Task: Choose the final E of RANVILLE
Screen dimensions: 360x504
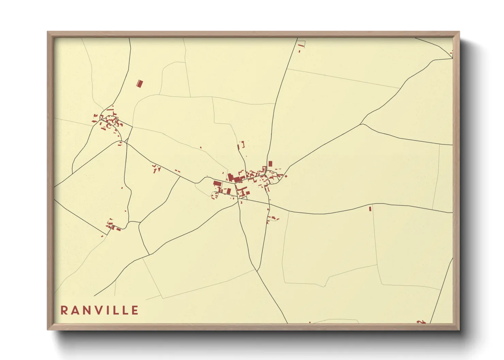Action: click(135, 310)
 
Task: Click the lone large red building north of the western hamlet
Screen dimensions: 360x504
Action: click(140, 84)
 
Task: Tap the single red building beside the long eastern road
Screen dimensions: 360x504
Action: click(370, 209)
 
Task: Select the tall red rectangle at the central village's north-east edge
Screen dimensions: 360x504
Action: click(270, 164)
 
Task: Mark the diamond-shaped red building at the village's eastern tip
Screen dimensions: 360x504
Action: click(286, 176)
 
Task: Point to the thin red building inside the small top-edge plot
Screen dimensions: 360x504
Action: click(301, 45)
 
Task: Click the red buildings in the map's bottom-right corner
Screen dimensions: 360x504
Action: click(421, 322)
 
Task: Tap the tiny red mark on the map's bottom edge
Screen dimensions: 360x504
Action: click(310, 322)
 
